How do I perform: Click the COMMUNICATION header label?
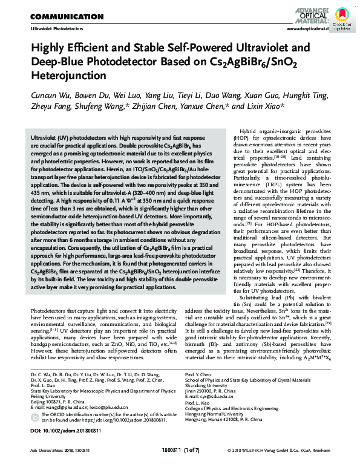[66, 16]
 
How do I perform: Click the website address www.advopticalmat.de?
[307, 28]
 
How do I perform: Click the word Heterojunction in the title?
[64, 77]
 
